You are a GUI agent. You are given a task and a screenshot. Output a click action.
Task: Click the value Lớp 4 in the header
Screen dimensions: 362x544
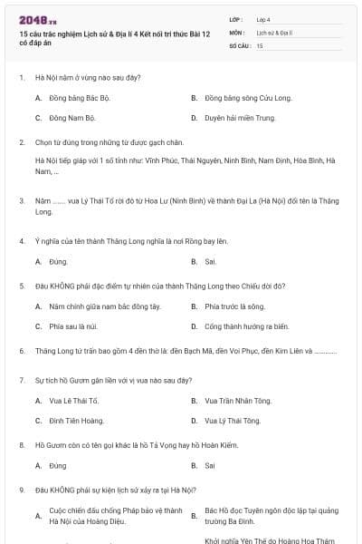point(263,19)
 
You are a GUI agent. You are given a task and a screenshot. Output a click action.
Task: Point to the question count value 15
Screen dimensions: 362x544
point(260,44)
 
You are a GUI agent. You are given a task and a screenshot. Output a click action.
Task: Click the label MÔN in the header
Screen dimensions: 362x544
point(237,32)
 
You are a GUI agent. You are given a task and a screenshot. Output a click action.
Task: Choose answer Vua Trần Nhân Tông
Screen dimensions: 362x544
point(237,400)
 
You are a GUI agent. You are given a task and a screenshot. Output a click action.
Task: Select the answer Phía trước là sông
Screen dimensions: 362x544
point(233,306)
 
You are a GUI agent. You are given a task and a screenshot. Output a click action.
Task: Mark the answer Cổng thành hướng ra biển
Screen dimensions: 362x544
point(246,326)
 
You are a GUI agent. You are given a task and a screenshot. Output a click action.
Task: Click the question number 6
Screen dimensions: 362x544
point(21,350)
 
